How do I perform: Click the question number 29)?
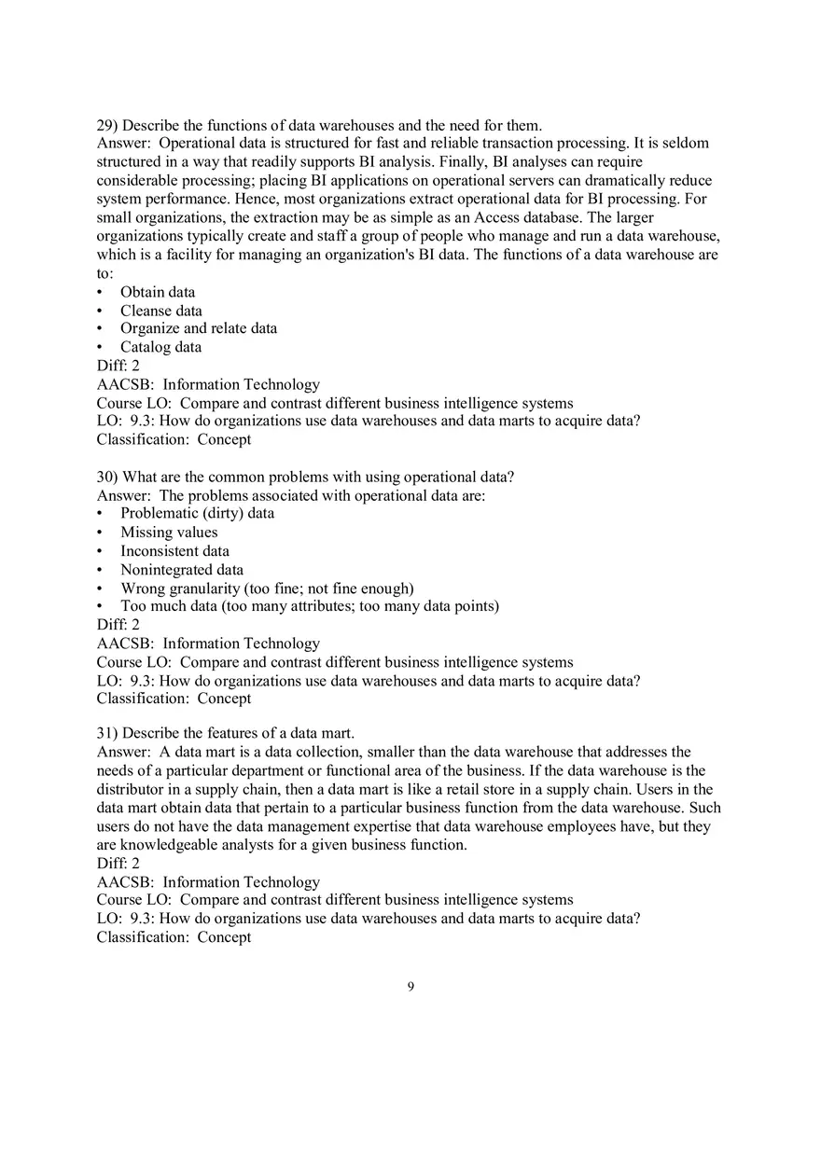click(107, 125)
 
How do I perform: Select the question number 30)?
click(107, 477)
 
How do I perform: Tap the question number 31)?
click(107, 733)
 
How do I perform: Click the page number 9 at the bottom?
click(410, 988)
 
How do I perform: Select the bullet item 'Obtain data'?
click(158, 292)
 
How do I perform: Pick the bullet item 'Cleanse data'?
click(160, 311)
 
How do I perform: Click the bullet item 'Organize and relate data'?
click(198, 328)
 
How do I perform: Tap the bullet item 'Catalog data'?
click(160, 347)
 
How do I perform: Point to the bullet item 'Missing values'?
click(169, 533)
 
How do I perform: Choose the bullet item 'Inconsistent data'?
click(174, 551)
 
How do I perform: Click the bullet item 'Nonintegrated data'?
click(182, 570)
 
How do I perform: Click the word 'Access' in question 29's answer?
click(497, 217)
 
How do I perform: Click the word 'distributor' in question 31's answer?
click(132, 789)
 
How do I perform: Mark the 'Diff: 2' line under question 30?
click(118, 625)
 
